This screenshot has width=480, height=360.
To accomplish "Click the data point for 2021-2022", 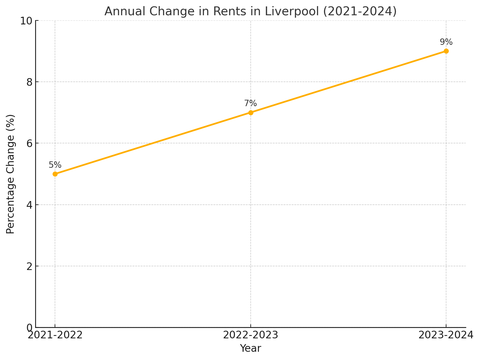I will [55, 174].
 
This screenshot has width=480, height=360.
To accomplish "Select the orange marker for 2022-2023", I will [251, 113].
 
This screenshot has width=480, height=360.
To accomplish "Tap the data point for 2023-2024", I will [446, 51].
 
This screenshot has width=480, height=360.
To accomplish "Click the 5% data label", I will [55, 165].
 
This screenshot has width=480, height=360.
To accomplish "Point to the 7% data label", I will [251, 104].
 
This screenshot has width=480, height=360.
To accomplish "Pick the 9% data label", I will [446, 42].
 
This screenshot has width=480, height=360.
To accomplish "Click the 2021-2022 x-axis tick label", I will [55, 335].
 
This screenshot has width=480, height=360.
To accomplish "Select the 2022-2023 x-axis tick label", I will [251, 335].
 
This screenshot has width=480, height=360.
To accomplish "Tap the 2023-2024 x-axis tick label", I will [446, 335].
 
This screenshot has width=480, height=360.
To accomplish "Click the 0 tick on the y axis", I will [29, 328].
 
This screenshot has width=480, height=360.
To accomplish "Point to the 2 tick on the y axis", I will [29, 266].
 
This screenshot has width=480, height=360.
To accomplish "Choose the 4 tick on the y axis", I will [29, 205].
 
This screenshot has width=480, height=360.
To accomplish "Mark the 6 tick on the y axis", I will [29, 143].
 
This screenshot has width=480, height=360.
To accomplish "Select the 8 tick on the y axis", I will [29, 82].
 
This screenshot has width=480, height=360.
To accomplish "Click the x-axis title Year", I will [251, 348].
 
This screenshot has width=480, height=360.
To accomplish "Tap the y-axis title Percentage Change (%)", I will [10, 174].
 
